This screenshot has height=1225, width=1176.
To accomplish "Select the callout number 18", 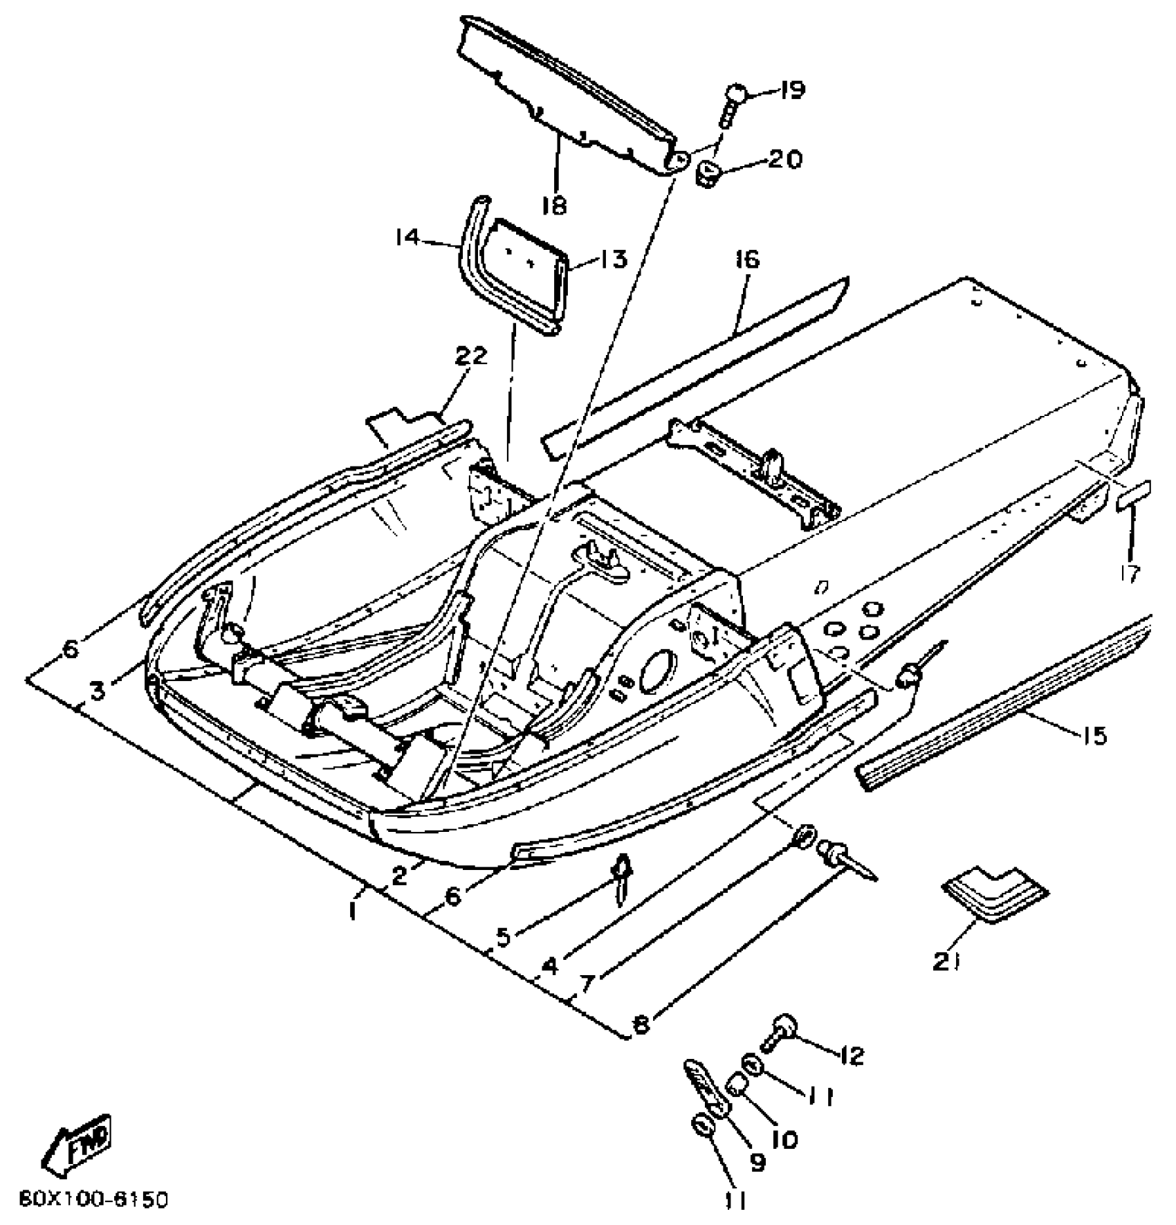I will point(555,206).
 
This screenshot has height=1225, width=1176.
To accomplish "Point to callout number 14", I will point(407,237).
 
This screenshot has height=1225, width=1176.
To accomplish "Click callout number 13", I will point(612,260).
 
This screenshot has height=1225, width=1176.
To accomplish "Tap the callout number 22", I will point(471,356).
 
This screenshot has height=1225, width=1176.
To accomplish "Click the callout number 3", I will point(98,690).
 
